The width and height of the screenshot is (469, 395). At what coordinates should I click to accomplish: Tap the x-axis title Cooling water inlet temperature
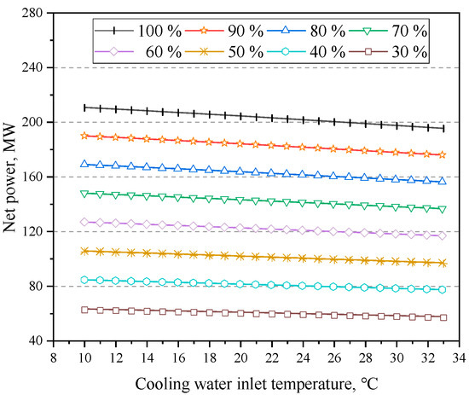[x=256, y=380]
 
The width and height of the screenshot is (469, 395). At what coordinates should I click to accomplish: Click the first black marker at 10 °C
[x=84, y=107]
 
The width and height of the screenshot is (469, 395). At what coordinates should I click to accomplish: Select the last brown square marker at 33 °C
[x=443, y=317]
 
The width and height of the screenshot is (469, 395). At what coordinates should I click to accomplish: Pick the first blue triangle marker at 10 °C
[x=84, y=163]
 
